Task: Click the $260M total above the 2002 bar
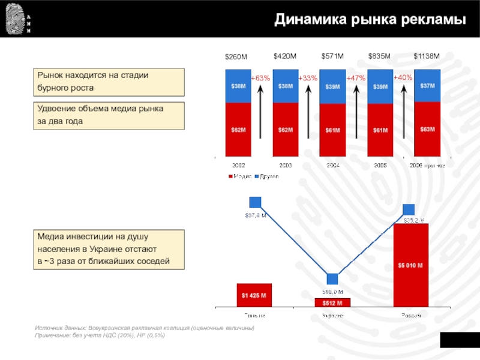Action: [x=236, y=57]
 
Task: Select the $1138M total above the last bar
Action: [x=427, y=56]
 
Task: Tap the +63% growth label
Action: [x=260, y=78]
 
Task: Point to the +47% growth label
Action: [x=356, y=79]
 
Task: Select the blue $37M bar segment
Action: [x=427, y=86]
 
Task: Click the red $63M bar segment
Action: [x=427, y=130]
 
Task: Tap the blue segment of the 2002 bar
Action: [x=238, y=86]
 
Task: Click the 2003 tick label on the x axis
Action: [x=285, y=165]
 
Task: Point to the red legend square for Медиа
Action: [x=230, y=176]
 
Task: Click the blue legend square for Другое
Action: [x=257, y=176]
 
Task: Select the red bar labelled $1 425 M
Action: [x=254, y=295]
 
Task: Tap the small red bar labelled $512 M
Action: [x=332, y=302]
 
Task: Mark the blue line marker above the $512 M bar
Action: [x=332, y=279]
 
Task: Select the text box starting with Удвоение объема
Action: [x=109, y=116]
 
